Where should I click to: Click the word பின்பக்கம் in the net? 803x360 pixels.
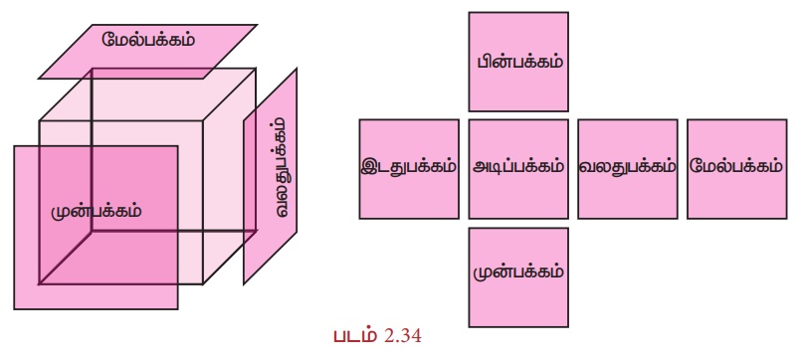[519, 62]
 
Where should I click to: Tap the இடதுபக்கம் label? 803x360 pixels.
[409, 167]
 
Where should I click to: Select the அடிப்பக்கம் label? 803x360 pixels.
[518, 167]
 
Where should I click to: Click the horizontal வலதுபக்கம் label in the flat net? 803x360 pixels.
[627, 167]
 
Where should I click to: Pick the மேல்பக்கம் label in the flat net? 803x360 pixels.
[736, 166]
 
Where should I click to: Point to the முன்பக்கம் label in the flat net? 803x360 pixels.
[518, 272]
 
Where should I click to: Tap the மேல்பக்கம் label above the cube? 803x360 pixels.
[148, 40]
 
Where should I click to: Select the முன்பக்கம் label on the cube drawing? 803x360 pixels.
[97, 211]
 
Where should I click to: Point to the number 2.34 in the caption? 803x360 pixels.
[402, 336]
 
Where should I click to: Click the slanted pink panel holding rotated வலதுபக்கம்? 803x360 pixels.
[270, 176]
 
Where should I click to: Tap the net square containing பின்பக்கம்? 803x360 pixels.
[518, 62]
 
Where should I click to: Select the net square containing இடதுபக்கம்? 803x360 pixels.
[409, 169]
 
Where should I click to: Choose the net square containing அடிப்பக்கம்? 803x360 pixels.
[518, 169]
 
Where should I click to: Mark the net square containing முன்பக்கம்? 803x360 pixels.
[518, 277]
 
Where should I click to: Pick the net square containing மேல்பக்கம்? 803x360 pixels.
[737, 169]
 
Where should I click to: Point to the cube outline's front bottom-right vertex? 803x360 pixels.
[203, 283]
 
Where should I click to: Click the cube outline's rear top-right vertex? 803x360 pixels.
[256, 68]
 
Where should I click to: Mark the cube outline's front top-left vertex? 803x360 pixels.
[40, 121]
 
